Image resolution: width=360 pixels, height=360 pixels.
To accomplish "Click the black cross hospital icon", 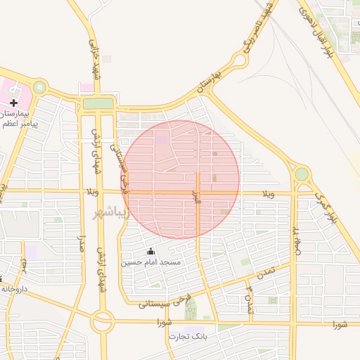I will [x=13, y=103].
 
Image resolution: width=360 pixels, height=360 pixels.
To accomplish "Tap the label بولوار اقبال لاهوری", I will [x=324, y=32].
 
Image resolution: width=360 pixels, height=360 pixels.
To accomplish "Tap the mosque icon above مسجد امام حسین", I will [x=149, y=251].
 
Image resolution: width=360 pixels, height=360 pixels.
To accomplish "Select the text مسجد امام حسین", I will [x=150, y=262].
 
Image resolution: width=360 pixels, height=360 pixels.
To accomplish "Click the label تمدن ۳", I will [x=248, y=299].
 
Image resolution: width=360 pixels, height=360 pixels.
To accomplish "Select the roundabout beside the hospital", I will [x=39, y=87].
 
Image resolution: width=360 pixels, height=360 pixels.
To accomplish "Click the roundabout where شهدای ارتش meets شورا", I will [x=102, y=322].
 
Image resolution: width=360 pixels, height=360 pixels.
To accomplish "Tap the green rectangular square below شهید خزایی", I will [x=98, y=104].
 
